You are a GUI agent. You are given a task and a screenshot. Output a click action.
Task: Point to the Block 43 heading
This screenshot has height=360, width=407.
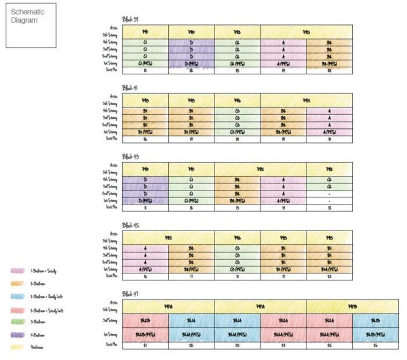click(x=129, y=156)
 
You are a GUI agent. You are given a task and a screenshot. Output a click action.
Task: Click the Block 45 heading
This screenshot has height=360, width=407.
click(x=129, y=225)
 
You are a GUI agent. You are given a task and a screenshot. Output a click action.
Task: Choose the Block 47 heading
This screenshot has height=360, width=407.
click(x=129, y=294)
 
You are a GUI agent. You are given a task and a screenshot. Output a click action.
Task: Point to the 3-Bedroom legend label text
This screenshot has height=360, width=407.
click(x=38, y=322)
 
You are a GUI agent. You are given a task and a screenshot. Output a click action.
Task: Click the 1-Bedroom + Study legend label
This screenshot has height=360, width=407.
click(x=43, y=271)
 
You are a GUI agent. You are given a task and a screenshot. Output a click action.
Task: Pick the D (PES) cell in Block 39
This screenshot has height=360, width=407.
click(x=191, y=64)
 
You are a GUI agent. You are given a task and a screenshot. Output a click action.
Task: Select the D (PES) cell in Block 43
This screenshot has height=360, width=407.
click(x=145, y=201)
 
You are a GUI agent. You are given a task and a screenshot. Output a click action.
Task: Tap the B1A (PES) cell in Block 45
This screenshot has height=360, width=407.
click(x=329, y=270)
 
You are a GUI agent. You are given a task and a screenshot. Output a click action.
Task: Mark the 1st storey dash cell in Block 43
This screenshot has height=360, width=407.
click(x=329, y=201)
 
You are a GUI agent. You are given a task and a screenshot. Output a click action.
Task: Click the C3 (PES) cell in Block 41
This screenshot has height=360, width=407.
click(x=237, y=132)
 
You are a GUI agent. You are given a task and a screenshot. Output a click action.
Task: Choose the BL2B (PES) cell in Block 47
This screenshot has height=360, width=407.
click(x=145, y=335)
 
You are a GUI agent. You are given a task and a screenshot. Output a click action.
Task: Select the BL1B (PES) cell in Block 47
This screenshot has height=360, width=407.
click(x=375, y=335)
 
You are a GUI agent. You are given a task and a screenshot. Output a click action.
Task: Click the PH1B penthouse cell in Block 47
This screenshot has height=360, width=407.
click(x=352, y=306)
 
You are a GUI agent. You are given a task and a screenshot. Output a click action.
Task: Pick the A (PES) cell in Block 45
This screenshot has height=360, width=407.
click(x=145, y=270)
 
